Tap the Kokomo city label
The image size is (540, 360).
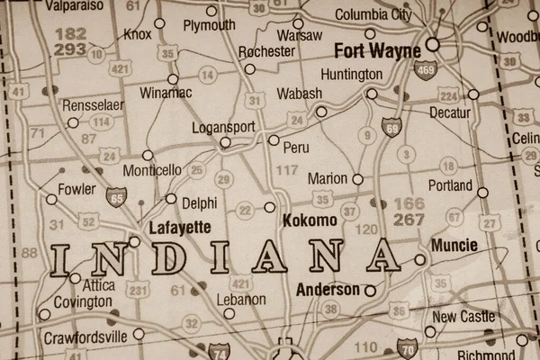click(x=310, y=220)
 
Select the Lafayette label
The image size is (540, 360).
click(x=182, y=227)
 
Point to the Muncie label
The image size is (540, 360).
click(x=455, y=245)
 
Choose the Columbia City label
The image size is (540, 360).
click(x=373, y=14)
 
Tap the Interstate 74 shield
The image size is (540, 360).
click(x=219, y=350)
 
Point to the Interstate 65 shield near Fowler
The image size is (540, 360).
click(x=116, y=195)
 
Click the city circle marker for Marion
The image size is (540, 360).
click(x=357, y=179)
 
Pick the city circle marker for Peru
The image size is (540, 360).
click(x=274, y=139)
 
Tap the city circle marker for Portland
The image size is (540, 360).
click(x=482, y=192)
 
